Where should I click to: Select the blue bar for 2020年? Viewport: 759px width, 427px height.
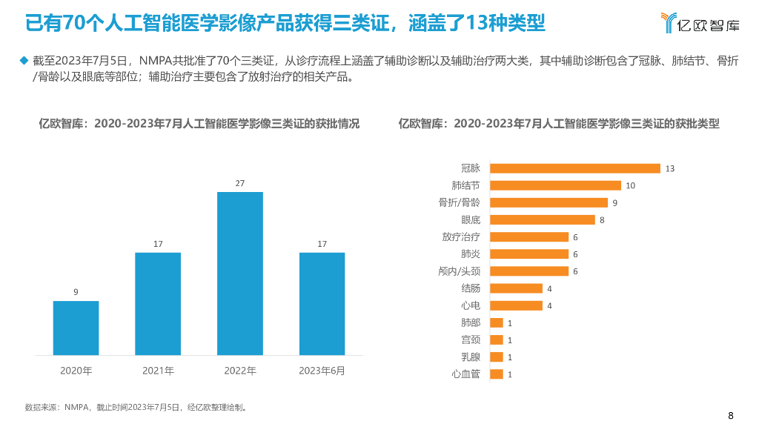point(76,328)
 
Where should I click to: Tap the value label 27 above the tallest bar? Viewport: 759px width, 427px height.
point(240,183)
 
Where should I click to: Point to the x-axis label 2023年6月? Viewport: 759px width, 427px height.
point(322,371)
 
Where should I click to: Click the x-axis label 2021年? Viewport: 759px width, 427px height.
point(158,371)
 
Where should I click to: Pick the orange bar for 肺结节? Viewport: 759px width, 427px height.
point(555,185)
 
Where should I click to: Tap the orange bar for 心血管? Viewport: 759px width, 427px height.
point(497,374)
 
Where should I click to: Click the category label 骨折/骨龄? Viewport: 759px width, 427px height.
point(459,202)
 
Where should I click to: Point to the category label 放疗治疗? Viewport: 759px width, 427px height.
point(460,237)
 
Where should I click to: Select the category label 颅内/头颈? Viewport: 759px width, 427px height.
point(459,271)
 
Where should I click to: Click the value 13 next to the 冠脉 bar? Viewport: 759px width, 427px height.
point(670,169)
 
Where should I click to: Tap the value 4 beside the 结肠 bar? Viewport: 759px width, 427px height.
point(549,288)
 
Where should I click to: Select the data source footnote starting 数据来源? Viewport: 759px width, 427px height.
point(136,407)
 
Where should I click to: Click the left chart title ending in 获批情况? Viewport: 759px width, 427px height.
point(199,124)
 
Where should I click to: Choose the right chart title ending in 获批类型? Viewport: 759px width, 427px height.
point(559,124)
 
